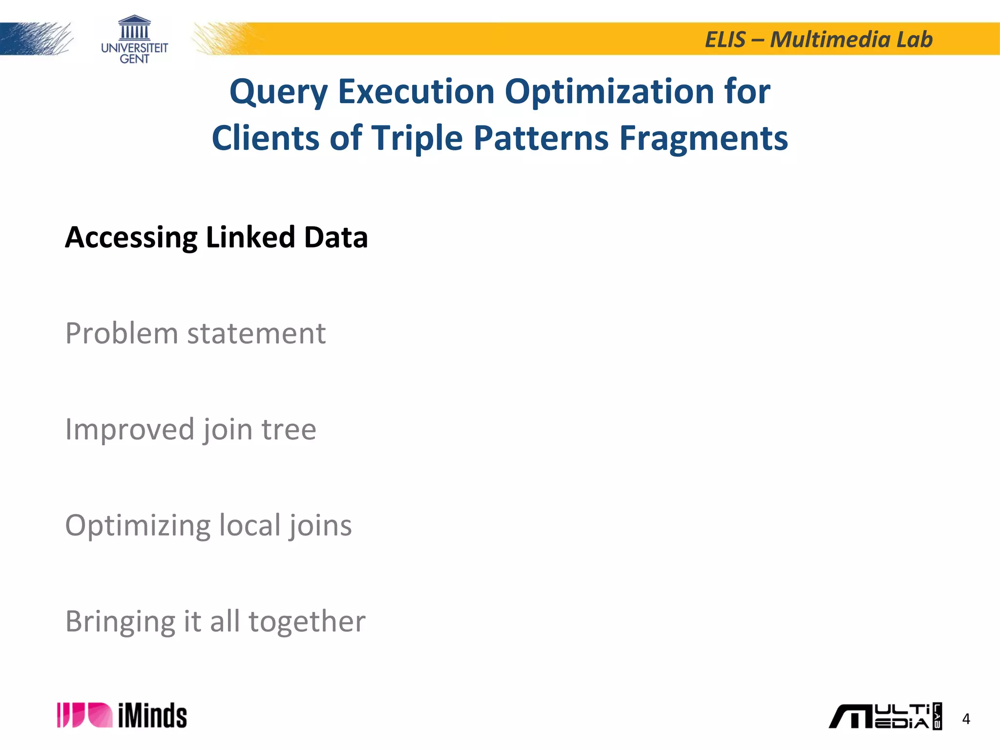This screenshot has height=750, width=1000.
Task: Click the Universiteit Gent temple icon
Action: [134, 28]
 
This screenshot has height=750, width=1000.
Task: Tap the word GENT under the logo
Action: [134, 59]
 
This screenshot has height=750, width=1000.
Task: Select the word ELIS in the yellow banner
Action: [725, 40]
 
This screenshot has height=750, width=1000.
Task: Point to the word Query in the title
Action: [279, 92]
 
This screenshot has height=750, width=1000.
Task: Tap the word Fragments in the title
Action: [703, 138]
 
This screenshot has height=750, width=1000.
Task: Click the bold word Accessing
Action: [131, 238]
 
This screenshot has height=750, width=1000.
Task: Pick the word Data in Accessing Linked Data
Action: [335, 237]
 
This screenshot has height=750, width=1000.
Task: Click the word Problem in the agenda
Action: [122, 334]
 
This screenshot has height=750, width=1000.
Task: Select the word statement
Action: [256, 334]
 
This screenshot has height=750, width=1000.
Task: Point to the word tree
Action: [289, 430]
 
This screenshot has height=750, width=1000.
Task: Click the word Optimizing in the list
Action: [138, 526]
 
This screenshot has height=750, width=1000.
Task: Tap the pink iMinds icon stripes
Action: [84, 715]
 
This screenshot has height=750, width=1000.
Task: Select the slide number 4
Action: [965, 719]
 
